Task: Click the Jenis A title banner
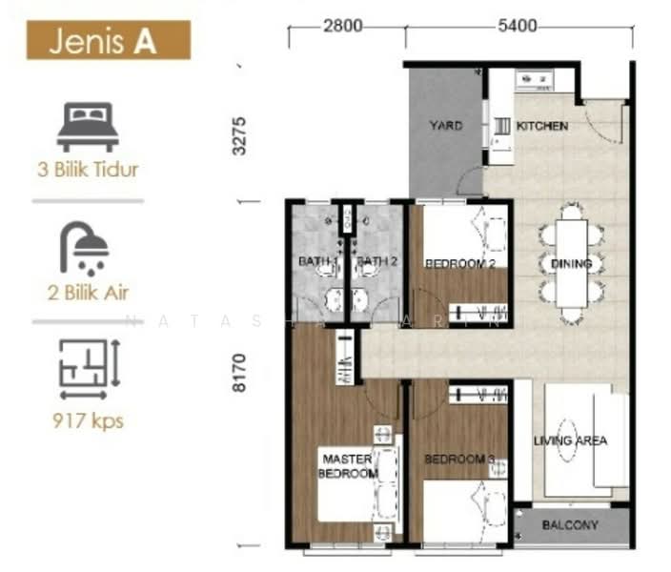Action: tap(108, 42)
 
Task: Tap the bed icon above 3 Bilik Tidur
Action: tap(88, 128)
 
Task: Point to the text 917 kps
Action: tap(88, 419)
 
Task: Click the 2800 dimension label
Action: tap(342, 26)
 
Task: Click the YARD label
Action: tap(445, 125)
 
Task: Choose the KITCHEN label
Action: tap(542, 126)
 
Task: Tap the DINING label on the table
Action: tap(571, 264)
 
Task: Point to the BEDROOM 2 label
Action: tap(459, 264)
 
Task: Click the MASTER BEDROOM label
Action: tap(348, 465)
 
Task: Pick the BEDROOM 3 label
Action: tap(459, 460)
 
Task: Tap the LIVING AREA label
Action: tap(570, 440)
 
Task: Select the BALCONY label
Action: tap(570, 525)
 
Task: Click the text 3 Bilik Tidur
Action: tap(88, 171)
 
